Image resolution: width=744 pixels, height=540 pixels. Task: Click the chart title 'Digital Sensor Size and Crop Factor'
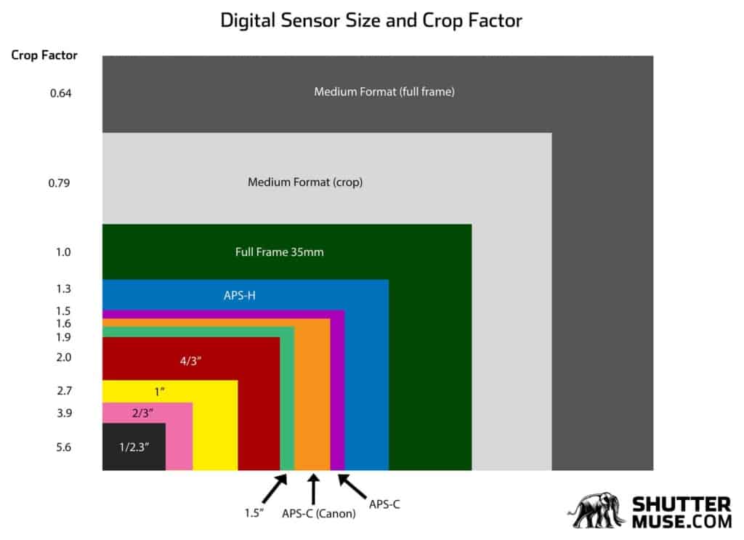coord(371,20)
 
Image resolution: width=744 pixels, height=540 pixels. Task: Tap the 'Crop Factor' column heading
coord(44,55)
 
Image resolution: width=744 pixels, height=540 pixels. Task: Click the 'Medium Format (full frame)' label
coord(384,92)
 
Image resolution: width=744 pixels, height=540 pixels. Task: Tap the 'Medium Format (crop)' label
coord(305,182)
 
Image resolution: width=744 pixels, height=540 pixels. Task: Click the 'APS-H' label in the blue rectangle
coord(239,296)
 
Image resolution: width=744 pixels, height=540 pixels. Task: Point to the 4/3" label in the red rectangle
coord(191,359)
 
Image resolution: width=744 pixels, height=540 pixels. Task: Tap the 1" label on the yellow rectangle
coord(160,392)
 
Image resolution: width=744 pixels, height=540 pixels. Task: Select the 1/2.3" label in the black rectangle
coord(134,447)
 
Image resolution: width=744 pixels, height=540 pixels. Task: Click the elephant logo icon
coord(597,512)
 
